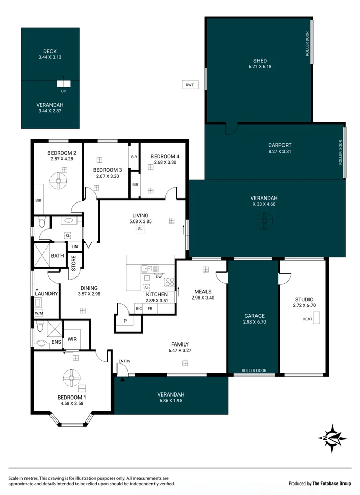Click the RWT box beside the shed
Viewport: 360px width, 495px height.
tap(190, 85)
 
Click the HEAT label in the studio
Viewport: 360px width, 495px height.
tap(307, 319)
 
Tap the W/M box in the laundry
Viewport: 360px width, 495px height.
tap(39, 313)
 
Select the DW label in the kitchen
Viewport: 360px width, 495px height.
tap(159, 277)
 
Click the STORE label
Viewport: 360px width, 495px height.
tap(73, 265)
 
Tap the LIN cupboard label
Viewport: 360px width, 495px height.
tap(75, 246)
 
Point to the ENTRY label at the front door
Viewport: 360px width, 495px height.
tap(124, 361)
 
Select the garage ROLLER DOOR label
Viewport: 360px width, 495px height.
tap(253, 370)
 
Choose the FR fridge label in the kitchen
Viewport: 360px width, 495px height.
tap(150, 309)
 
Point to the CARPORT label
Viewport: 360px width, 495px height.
tap(279, 145)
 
